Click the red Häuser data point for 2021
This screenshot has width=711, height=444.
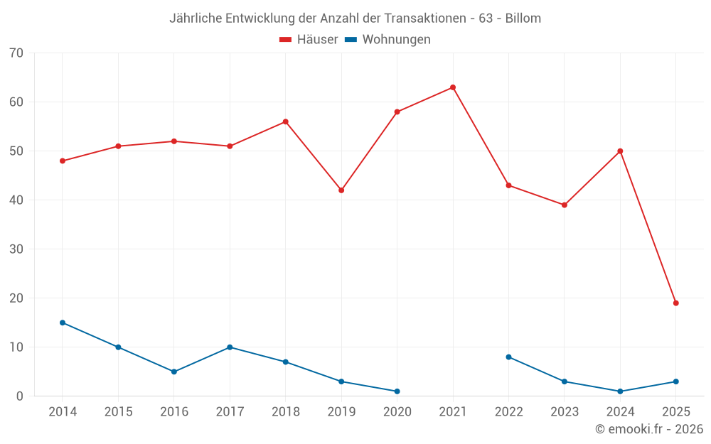453,87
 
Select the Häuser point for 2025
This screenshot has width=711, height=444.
676,303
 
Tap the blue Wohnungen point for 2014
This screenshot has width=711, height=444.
63,323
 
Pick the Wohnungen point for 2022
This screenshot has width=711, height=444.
508,357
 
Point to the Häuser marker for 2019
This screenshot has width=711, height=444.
341,190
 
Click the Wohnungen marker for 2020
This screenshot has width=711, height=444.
397,391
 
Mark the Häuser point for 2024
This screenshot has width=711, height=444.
620,151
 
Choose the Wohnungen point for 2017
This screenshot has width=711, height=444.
230,347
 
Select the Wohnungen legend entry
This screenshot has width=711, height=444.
396,40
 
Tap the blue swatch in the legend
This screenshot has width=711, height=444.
351,40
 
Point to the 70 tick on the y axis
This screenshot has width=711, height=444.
16,53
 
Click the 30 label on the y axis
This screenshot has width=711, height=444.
16,249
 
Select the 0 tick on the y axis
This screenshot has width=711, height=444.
20,396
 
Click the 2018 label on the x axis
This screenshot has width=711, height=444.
285,412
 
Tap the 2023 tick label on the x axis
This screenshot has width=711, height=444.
565,412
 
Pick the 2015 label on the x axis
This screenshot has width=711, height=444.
118,412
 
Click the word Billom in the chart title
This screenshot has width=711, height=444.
523,18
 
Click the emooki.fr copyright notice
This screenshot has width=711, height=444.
649,429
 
